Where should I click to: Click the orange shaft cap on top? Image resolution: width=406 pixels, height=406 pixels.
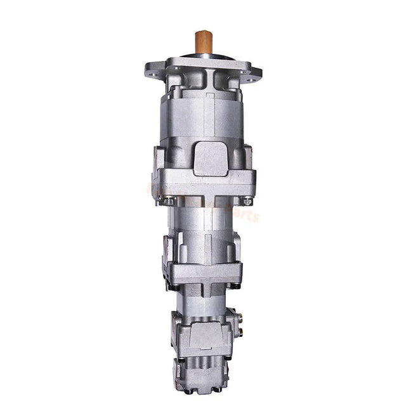click(x=203, y=41)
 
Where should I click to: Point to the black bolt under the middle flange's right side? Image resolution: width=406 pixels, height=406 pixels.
click(x=235, y=287)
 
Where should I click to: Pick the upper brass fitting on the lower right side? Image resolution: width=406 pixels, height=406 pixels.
click(x=240, y=316)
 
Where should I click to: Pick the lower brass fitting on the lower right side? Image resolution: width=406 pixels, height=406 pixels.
click(x=240, y=330)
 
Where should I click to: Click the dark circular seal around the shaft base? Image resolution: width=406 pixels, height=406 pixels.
click(x=203, y=57)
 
